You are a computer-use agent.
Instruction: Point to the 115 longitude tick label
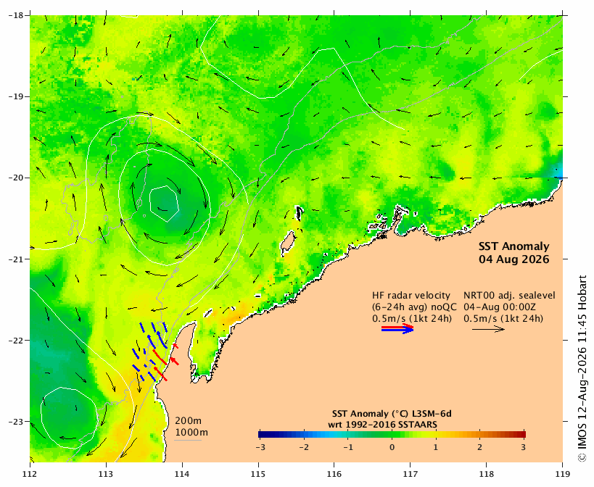pos(259,473)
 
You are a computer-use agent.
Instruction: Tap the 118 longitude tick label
pos(487,473)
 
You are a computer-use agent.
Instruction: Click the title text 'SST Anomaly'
pos(514,246)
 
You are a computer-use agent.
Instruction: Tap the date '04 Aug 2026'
pos(514,259)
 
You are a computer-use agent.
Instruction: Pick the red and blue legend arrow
pos(397,328)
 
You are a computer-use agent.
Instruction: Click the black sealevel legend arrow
pos(488,329)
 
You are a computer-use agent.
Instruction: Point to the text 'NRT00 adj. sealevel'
pos(510,296)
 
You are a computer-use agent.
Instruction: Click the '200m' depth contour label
pos(189,421)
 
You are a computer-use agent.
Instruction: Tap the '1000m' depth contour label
pos(191,433)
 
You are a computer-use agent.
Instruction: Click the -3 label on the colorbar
pos(260,447)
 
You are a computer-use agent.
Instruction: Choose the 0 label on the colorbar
pos(392,447)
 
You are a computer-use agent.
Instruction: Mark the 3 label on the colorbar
pos(524,447)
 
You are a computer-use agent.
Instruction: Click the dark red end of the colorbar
pos(522,434)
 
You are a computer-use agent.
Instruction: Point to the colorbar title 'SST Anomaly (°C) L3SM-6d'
pos(392,413)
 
